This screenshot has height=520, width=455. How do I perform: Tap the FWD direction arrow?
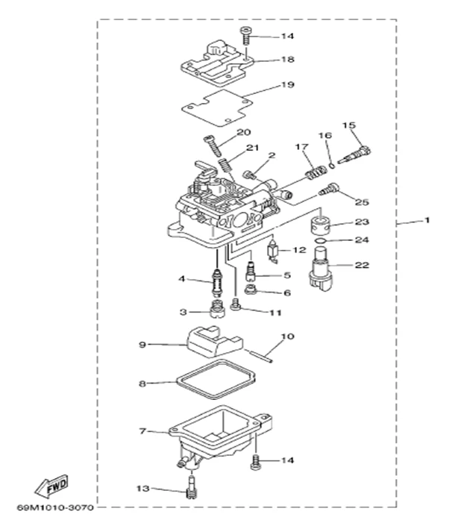pyautogui.click(x=57, y=489)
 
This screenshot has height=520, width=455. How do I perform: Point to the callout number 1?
pyautogui.click(x=427, y=221)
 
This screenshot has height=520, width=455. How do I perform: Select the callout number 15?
pyautogui.click(x=348, y=125)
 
